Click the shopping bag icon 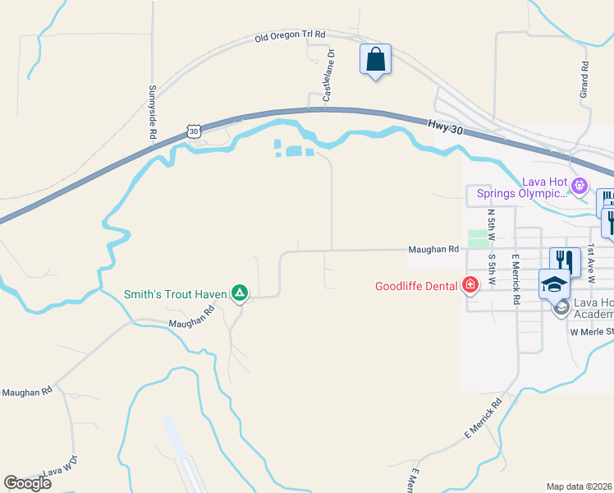point(375,59)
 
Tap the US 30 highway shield point(193,131)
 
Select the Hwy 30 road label point(444,125)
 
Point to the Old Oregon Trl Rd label point(290,37)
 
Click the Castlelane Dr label point(328,76)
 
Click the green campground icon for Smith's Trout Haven point(239,293)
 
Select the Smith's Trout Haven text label point(176,293)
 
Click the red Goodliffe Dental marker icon point(470,286)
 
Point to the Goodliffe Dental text point(417,287)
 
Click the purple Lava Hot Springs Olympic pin point(580,186)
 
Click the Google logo point(27,483)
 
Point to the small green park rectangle point(477,238)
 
